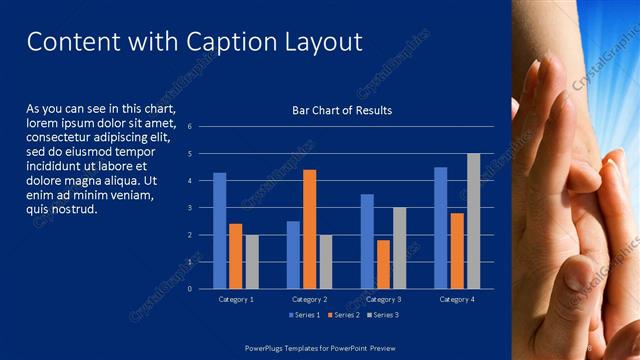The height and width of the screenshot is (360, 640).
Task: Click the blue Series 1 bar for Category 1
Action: point(220,231)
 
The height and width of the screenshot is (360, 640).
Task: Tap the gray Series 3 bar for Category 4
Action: point(473,221)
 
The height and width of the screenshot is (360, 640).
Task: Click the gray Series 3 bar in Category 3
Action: point(399,248)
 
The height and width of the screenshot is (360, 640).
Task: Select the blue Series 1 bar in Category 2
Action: point(293,255)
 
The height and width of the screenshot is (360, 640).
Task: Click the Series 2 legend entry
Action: point(344,315)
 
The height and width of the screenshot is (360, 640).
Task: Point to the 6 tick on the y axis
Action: point(189,127)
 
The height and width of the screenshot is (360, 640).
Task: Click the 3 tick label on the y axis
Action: point(189,208)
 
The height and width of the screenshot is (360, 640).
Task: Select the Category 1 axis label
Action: point(236,299)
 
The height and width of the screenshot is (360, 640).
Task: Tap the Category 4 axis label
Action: point(457,299)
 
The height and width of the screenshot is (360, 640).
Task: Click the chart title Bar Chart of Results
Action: point(342,110)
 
